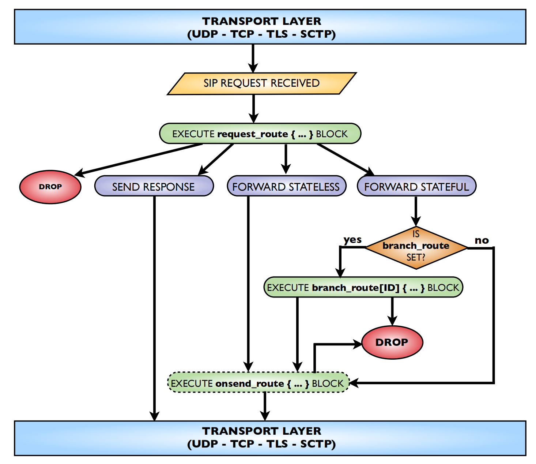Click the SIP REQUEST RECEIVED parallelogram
(x=261, y=83)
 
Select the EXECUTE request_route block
(x=260, y=134)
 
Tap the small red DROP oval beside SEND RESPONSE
(x=50, y=187)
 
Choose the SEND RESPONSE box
(x=154, y=187)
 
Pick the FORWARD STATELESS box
(x=286, y=187)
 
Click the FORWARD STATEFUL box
(x=416, y=187)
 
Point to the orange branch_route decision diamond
(x=416, y=247)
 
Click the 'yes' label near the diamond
(x=352, y=240)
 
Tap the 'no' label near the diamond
(x=482, y=240)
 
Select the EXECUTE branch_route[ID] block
(x=363, y=287)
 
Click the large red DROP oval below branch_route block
(x=392, y=342)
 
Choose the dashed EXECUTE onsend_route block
(x=258, y=383)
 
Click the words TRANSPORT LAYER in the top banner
(x=262, y=21)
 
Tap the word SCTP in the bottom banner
(x=317, y=444)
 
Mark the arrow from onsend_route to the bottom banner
(x=265, y=406)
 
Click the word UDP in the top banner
(x=205, y=34)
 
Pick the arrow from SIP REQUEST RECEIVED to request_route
(x=253, y=108)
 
